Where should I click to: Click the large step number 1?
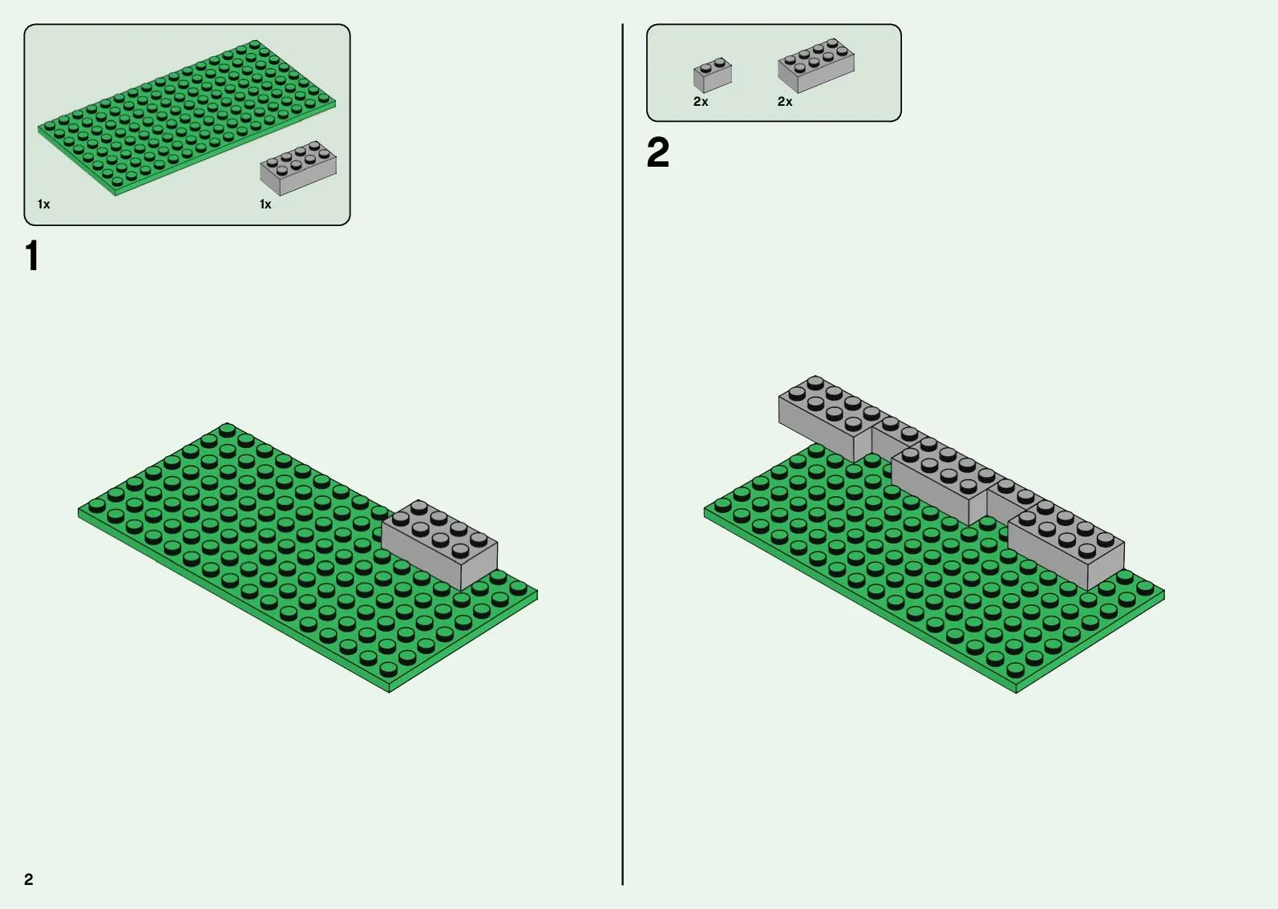[x=33, y=256]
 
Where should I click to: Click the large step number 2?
[x=657, y=152]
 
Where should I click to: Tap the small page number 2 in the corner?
[x=29, y=879]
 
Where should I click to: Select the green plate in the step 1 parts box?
[x=187, y=118]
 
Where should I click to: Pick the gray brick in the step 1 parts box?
[x=297, y=168]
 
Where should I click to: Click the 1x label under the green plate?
[x=44, y=204]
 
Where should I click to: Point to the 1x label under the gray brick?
[x=265, y=204]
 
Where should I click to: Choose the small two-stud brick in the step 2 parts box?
[x=713, y=75]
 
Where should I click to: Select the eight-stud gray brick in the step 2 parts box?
[x=816, y=65]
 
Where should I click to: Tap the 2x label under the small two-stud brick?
[x=701, y=102]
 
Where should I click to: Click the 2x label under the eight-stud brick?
[x=785, y=102]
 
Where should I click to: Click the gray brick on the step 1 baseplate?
[x=439, y=544]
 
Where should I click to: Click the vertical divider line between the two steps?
[x=622, y=454]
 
